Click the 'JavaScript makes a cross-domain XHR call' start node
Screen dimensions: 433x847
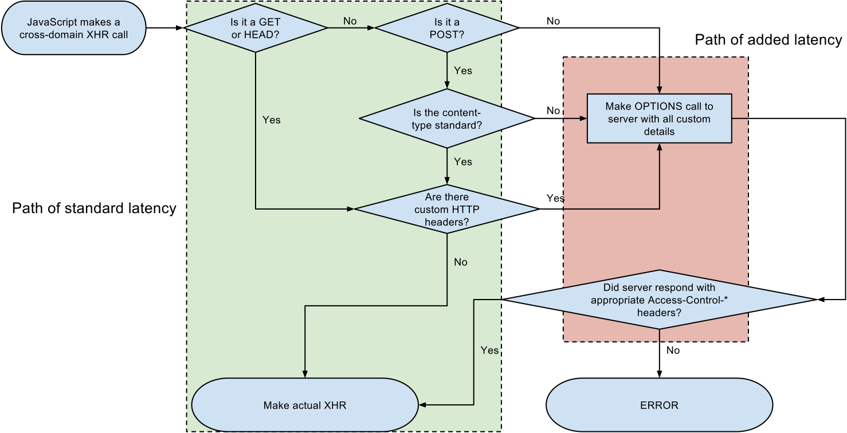coord(73,28)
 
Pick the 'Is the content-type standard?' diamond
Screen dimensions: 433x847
coord(446,119)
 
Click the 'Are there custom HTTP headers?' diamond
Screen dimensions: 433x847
coord(446,209)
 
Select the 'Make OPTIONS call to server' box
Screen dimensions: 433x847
coord(659,119)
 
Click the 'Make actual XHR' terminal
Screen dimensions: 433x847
coord(305,405)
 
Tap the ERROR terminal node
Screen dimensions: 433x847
coord(659,405)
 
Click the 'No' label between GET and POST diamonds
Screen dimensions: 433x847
coord(350,21)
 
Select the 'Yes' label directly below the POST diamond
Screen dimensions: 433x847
coord(463,70)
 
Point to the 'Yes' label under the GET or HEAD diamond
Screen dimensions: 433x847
coord(272,120)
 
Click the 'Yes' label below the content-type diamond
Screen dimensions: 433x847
coord(463,162)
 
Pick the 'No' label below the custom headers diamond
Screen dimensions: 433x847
coord(461,262)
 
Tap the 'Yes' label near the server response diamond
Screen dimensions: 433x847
coord(489,350)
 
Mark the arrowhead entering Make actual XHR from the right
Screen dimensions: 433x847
coord(423,405)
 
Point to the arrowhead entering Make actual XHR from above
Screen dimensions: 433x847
coord(305,374)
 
